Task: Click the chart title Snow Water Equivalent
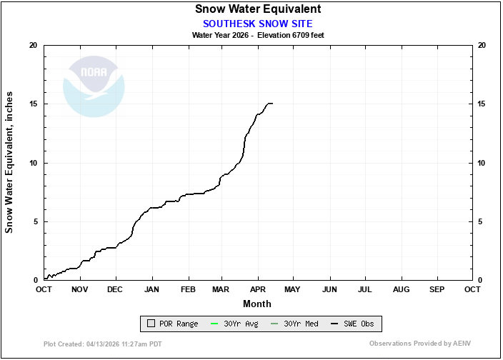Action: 258,9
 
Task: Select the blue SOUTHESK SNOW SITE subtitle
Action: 258,24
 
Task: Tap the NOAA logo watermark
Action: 94,86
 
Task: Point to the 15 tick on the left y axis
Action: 34,104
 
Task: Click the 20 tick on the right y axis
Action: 482,45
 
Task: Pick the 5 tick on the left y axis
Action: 36,221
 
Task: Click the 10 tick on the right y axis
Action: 481,163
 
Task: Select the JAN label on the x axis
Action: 151,289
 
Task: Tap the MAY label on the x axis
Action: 292,289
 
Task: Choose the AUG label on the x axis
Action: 402,289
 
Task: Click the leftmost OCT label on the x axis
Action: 44,289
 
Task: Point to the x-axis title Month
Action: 257,304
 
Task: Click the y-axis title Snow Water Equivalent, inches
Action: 9,162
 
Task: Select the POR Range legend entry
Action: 173,324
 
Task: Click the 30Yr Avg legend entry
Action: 234,324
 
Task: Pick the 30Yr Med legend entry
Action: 294,324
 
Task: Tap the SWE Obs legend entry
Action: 352,324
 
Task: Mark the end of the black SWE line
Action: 273,104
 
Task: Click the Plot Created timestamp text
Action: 103,344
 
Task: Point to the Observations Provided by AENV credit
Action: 420,344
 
